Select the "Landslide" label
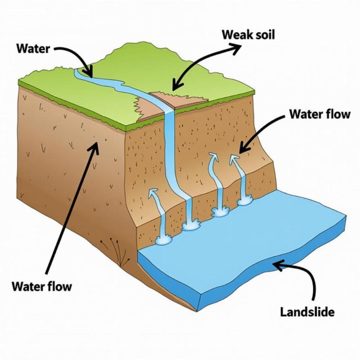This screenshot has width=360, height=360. pos(307,311)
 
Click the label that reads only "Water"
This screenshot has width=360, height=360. pos(32,48)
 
